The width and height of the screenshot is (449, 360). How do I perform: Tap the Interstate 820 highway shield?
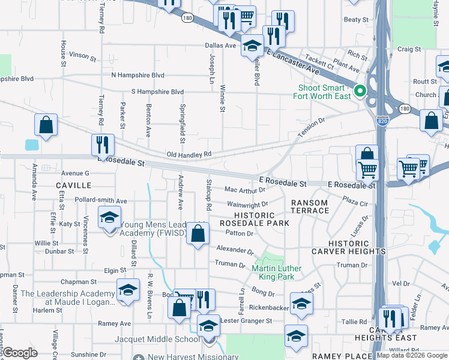pyautogui.click(x=382, y=121)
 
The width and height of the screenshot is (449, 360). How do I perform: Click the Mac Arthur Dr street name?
pyautogui.click(x=244, y=189)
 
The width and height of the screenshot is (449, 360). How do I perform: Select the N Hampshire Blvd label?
pyautogui.click(x=138, y=75)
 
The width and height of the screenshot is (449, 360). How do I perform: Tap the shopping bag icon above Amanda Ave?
pyautogui.click(x=46, y=125)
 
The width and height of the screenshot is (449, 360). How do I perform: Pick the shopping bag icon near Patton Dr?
pyautogui.click(x=197, y=233)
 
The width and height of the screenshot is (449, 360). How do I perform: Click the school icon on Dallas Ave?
pyautogui.click(x=253, y=46)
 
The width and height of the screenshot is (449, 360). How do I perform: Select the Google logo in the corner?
pyautogui.click(x=20, y=353)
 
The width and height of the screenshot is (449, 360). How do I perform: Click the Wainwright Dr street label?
pyautogui.click(x=247, y=205)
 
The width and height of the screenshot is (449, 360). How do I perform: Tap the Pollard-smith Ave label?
pyautogui.click(x=101, y=200)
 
